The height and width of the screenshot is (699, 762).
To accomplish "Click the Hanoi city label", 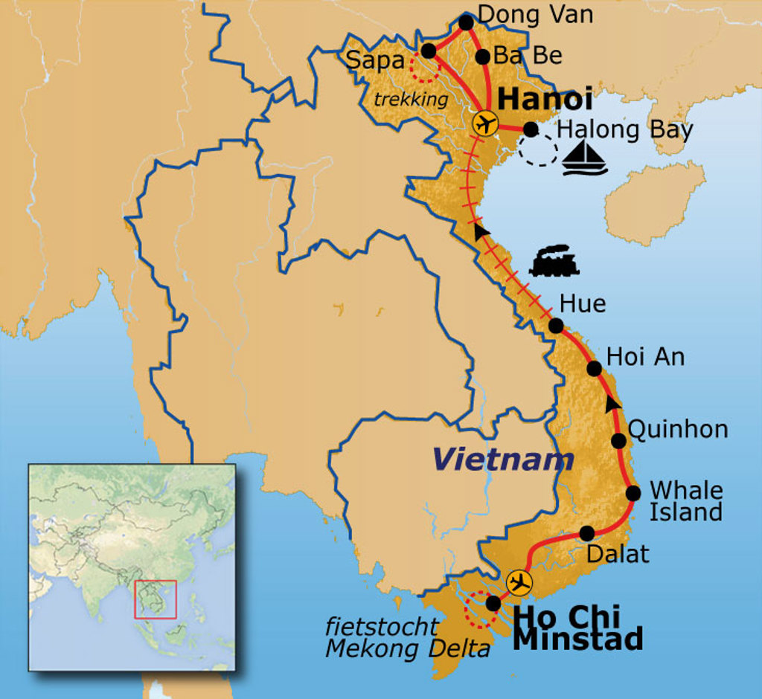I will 545,99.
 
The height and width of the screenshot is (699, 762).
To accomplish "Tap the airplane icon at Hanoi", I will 485,123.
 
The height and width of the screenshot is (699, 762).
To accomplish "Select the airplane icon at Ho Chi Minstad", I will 519,583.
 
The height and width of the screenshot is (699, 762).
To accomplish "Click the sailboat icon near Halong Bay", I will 585,158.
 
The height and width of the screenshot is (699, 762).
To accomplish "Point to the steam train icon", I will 554,261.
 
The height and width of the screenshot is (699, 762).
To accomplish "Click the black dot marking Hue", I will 556,325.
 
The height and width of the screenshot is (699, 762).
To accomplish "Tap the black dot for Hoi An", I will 594,368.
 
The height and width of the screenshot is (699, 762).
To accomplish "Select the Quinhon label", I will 678,429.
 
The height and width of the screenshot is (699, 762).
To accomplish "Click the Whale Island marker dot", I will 633,492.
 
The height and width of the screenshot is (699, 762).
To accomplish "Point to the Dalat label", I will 618,554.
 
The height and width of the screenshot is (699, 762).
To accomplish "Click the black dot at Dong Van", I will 466,23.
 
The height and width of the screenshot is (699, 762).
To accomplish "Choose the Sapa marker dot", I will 429,51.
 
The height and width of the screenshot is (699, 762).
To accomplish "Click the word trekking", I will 411,100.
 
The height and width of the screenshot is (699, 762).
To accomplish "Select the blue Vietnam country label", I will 504,460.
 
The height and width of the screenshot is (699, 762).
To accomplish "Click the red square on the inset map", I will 155,599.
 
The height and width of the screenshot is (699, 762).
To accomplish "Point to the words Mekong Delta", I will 408,649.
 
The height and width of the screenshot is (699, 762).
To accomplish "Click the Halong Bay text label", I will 625,130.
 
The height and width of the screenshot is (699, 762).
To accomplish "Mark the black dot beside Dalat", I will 586,533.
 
